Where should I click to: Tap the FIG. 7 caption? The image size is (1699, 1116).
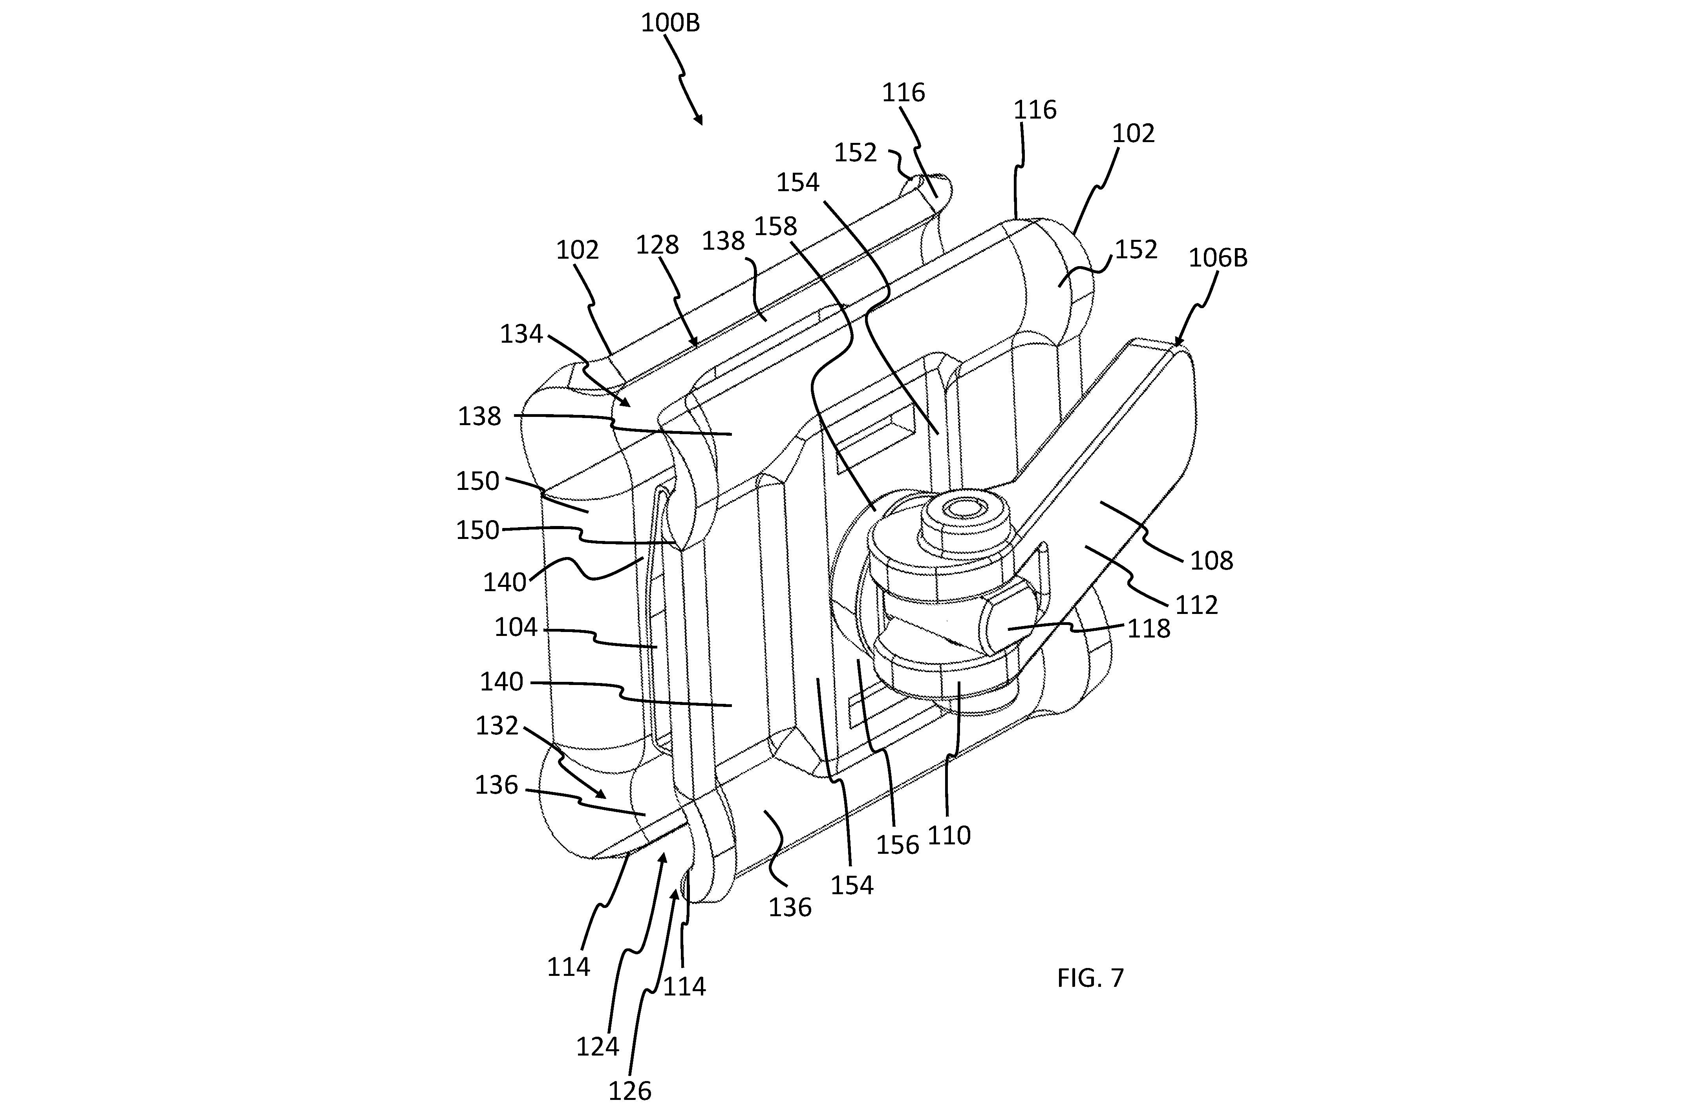(x=1090, y=977)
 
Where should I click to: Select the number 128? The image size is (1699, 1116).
(x=657, y=245)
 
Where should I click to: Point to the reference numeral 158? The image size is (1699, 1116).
(x=775, y=226)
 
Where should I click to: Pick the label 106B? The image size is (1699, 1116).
(x=1218, y=258)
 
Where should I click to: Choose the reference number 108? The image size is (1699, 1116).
(x=1211, y=561)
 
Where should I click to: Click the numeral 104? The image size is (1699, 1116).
(x=516, y=627)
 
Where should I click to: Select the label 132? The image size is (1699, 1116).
(x=497, y=726)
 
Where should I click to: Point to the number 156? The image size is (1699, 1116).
(x=897, y=845)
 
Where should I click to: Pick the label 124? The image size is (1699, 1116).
(x=598, y=1047)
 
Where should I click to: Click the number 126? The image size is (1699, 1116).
(x=630, y=1091)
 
